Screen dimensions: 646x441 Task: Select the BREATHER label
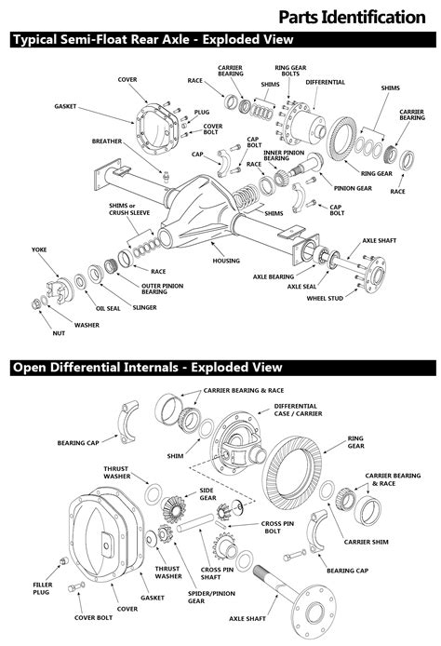coord(106,141)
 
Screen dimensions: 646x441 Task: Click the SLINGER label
coord(143,306)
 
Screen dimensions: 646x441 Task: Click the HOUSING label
coord(226,262)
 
